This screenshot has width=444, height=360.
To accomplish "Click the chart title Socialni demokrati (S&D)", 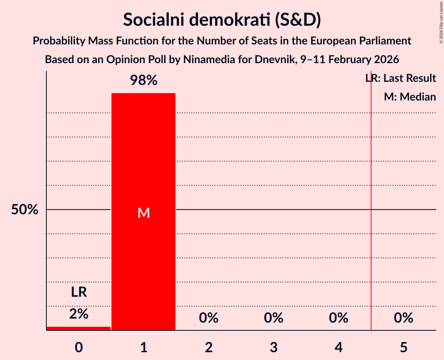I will point(222,19).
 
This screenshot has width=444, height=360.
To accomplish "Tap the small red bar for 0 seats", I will point(79,328).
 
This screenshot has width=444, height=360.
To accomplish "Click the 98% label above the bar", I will point(143,81).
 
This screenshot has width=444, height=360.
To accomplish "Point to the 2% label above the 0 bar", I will point(79,314).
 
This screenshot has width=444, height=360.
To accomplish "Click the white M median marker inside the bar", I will point(143,213).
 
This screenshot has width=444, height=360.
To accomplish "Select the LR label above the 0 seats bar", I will point(79,292).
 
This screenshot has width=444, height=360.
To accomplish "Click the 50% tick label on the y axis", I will point(25,210).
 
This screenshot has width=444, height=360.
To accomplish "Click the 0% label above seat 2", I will point(209,318).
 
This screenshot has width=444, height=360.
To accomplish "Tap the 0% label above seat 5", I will point(403,318).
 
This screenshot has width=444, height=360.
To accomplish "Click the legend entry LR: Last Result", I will point(401,78).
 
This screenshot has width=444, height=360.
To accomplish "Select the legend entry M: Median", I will point(410,97).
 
